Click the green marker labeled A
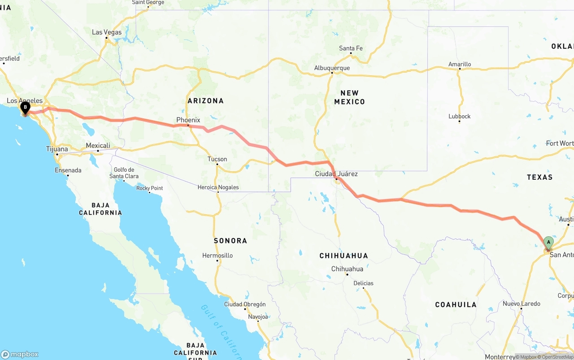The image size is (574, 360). [548, 243]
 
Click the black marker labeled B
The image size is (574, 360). [25, 107]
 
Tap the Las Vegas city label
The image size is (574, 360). [107, 32]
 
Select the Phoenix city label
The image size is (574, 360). [188, 120]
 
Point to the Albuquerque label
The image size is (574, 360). [332, 68]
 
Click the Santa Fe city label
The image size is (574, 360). [351, 48]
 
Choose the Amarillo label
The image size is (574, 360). [460, 64]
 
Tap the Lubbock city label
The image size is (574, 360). [460, 116]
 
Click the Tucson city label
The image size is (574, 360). [217, 159]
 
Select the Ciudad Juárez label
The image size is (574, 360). [336, 173]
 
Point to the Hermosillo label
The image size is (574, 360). [217, 256]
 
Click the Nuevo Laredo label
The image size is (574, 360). [521, 304]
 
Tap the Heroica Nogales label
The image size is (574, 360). [218, 187]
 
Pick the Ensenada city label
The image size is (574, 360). [68, 170]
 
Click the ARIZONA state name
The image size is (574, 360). [206, 101]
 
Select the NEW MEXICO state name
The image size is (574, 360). [349, 97]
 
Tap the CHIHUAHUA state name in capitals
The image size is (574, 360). [344, 256]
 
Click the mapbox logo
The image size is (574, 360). [20, 354]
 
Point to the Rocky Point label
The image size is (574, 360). [150, 188]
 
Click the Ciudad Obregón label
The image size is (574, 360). [245, 304]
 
